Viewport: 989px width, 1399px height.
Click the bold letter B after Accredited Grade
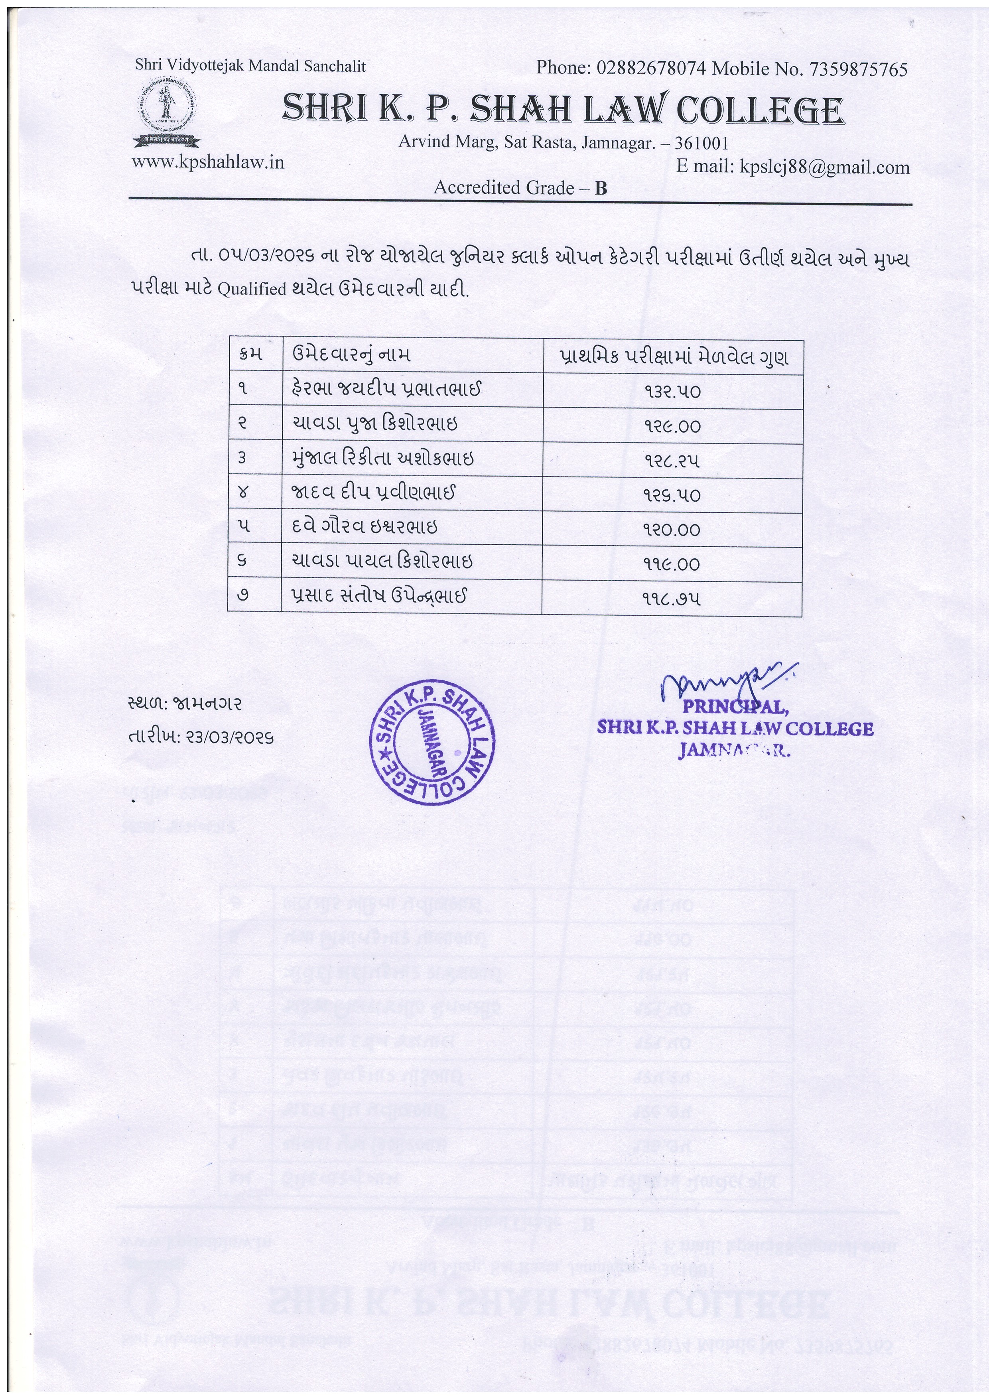pyautogui.click(x=601, y=188)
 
